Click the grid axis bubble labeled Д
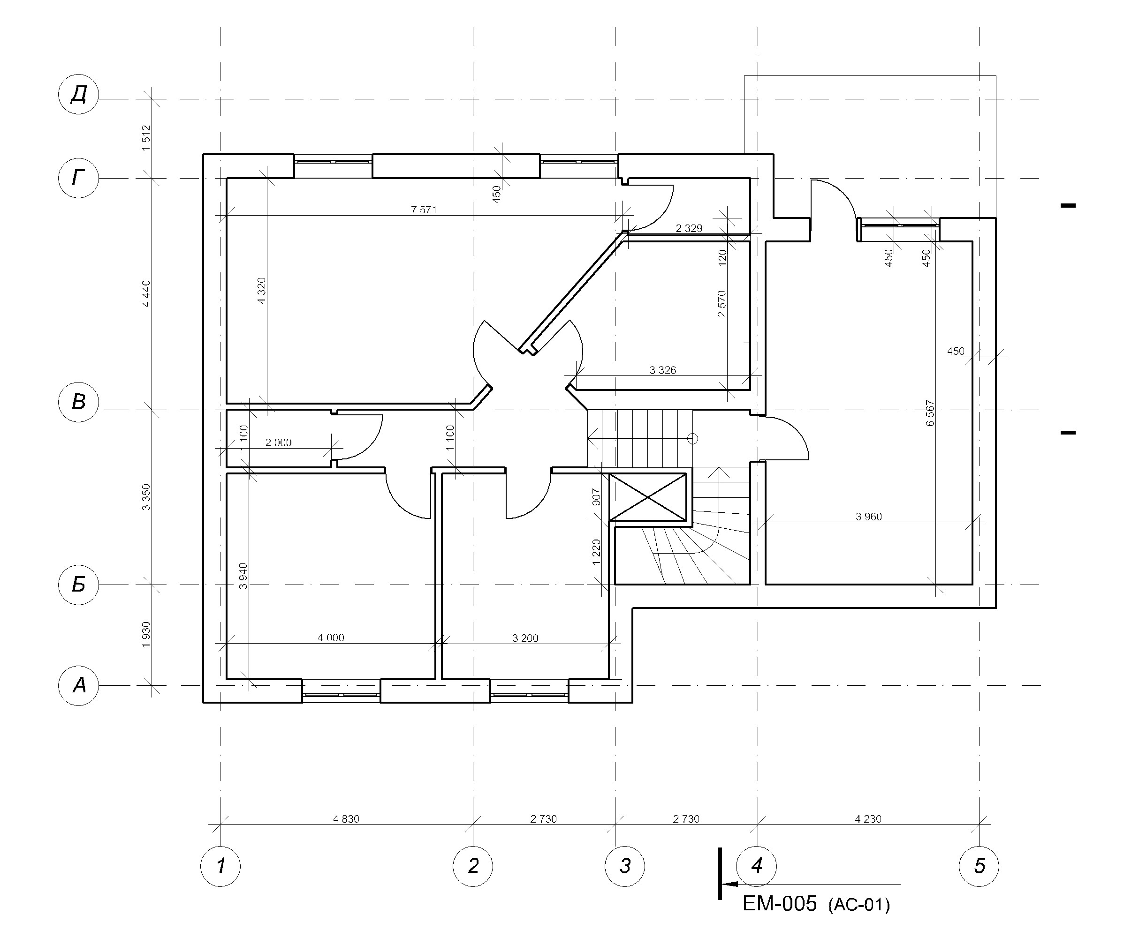pos(78,94)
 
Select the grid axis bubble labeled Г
pos(78,177)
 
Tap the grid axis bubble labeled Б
pos(78,585)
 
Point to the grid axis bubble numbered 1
pos(220,866)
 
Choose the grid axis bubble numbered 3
pos(625,866)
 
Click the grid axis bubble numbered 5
pos(980,866)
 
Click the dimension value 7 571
pos(424,210)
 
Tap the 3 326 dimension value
pos(662,370)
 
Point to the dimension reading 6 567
pos(930,413)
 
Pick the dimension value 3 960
pos(869,517)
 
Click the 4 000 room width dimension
pos(331,637)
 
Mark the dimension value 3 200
pos(525,638)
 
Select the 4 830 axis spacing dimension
pos(346,819)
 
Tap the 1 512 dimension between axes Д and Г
pos(146,138)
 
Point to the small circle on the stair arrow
pos(692,439)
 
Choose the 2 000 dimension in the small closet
pos(279,442)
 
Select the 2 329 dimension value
pos(689,228)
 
